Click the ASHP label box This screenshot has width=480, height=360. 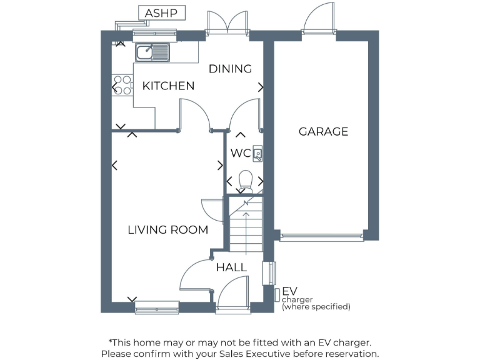[x=161, y=12]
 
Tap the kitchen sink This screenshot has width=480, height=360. [x=152, y=51]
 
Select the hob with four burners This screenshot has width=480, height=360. [x=122, y=85]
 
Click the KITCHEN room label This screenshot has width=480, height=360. [x=168, y=86]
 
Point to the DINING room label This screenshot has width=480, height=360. [x=230, y=69]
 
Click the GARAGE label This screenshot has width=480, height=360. [x=323, y=131]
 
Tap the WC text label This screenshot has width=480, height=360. [x=241, y=153]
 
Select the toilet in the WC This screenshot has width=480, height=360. [x=246, y=180]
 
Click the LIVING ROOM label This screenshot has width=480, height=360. [x=167, y=230]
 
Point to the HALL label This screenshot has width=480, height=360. [x=231, y=267]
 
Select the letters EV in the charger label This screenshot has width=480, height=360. [x=289, y=291]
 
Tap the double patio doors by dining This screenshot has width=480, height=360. [x=228, y=22]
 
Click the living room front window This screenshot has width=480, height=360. [x=156, y=307]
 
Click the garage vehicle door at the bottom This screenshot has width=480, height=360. [x=321, y=237]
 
